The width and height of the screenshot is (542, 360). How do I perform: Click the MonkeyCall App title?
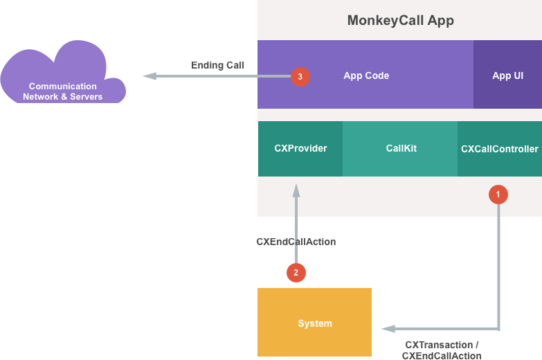pyautogui.click(x=400, y=20)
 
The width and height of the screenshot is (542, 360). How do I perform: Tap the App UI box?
pyautogui.click(x=507, y=75)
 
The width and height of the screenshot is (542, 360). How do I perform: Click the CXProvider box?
pyautogui.click(x=300, y=149)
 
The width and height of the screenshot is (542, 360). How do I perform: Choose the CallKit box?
pyautogui.click(x=401, y=149)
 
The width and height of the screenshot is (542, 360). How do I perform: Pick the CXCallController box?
pyautogui.click(x=499, y=149)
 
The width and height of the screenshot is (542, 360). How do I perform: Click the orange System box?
pyautogui.click(x=314, y=323)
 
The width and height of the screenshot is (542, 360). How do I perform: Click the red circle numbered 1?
pyautogui.click(x=498, y=195)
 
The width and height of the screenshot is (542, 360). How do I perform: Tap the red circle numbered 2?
pyautogui.click(x=296, y=273)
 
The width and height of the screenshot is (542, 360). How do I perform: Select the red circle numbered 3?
pyautogui.click(x=300, y=77)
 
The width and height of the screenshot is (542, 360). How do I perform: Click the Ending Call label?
pyautogui.click(x=217, y=65)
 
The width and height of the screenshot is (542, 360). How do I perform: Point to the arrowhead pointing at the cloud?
pyautogui.click(x=148, y=76)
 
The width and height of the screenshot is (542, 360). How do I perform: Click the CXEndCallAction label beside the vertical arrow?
pyautogui.click(x=296, y=242)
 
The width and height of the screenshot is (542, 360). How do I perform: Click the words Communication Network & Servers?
pyautogui.click(x=62, y=91)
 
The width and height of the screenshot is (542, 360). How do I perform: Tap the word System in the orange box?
pyautogui.click(x=314, y=323)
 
